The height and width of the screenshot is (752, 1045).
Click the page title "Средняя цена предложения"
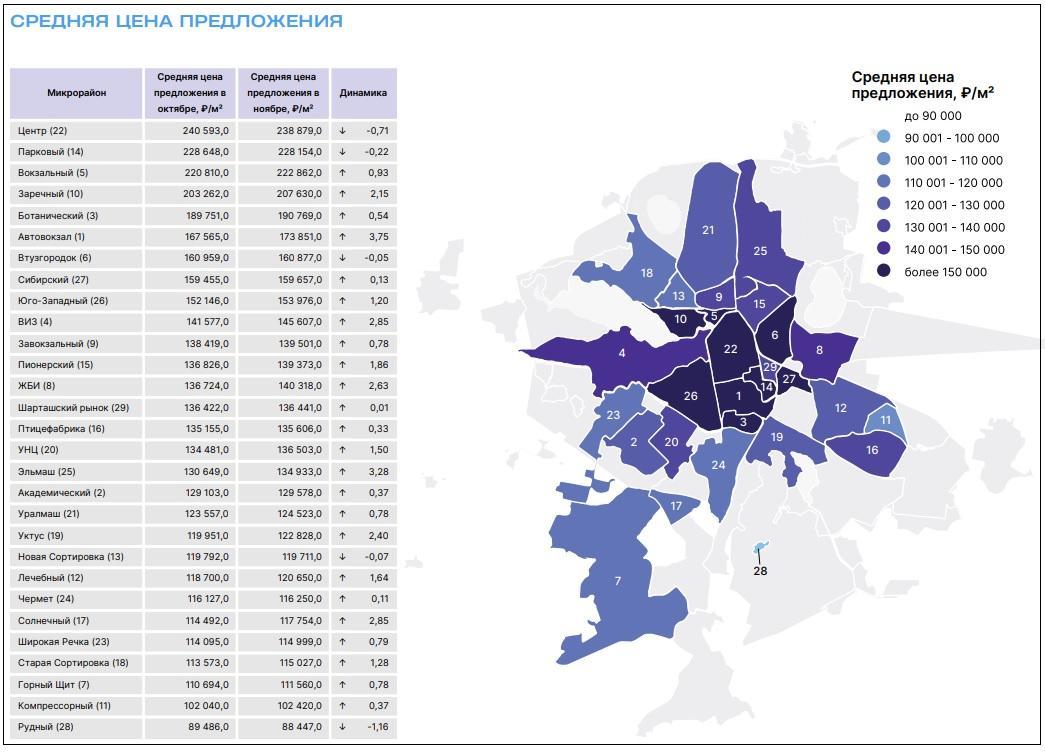point(176,21)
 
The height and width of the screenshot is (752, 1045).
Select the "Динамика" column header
point(363,93)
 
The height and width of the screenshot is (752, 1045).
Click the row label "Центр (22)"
point(43,131)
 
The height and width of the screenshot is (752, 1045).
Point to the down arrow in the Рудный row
point(342,727)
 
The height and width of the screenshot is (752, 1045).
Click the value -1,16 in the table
point(377,727)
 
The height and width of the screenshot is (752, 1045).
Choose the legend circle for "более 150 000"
point(885,272)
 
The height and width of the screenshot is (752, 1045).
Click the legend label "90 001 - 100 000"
point(951,138)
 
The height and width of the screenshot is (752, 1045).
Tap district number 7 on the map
point(618,581)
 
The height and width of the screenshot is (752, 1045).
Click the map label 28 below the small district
point(760,571)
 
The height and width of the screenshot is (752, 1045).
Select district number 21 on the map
point(708,230)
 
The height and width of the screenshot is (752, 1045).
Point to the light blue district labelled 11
point(885,421)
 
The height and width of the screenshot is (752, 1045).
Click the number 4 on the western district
point(622,353)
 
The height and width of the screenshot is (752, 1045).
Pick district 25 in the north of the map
point(760,251)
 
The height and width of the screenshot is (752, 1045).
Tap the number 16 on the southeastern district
point(872,450)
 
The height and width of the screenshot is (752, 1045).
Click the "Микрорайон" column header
point(76,93)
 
